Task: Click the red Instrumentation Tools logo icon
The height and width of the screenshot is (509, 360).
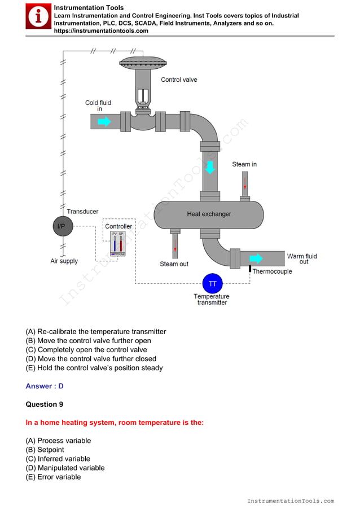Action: (x=38, y=17)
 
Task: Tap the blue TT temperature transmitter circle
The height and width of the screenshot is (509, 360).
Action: (x=212, y=283)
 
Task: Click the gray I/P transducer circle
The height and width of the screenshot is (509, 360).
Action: (x=62, y=226)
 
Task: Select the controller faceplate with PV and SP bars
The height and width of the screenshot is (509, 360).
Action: (x=117, y=244)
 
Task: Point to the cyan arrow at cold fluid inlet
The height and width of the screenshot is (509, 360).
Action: (x=104, y=121)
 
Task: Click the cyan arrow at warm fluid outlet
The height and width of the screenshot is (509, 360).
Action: (x=256, y=258)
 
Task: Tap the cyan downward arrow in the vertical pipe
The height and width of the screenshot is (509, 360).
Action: (x=210, y=168)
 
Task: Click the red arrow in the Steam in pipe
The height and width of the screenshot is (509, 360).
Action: (x=245, y=183)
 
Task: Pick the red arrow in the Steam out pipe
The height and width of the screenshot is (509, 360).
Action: (x=175, y=245)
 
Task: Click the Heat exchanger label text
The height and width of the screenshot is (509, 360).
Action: (x=209, y=214)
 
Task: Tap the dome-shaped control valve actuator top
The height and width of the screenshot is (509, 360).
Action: (x=144, y=63)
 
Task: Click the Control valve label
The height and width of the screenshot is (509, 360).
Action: (x=179, y=80)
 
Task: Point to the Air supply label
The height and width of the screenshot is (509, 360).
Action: (x=64, y=261)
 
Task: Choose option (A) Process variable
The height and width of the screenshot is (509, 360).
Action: (x=58, y=441)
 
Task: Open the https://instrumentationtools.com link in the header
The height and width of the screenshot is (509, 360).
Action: (x=101, y=31)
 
